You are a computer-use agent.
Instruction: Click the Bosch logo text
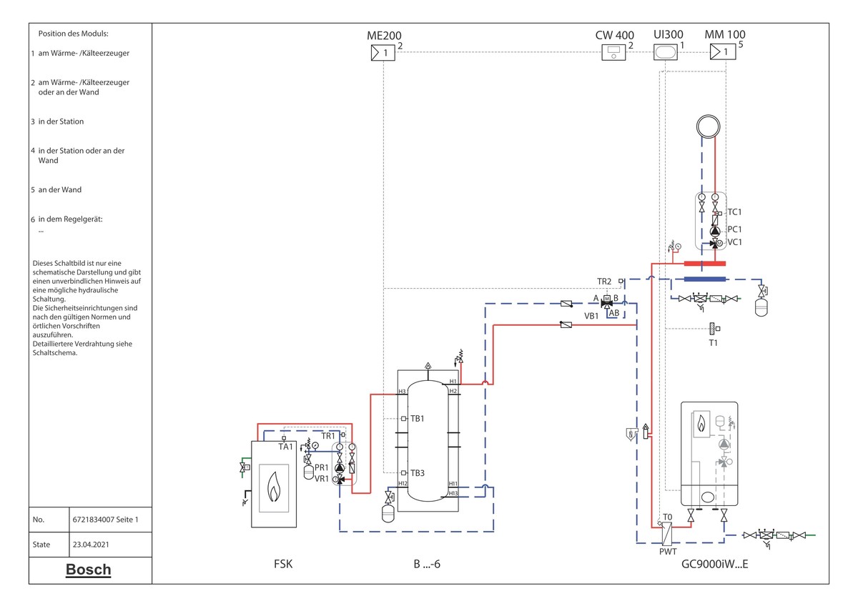coord(89,570)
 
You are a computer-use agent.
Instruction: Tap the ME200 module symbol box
coord(383,53)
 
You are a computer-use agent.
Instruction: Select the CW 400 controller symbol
coord(613,52)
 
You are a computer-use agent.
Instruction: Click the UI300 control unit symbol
coord(666,52)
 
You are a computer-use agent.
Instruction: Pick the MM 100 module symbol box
coord(723,51)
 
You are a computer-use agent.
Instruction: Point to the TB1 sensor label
coord(418,419)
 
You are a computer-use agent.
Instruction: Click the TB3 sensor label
coord(418,473)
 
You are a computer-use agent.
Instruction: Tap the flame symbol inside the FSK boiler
coord(273,487)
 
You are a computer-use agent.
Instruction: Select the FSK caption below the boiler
coord(283,564)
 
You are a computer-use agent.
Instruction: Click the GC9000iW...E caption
coord(715,564)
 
